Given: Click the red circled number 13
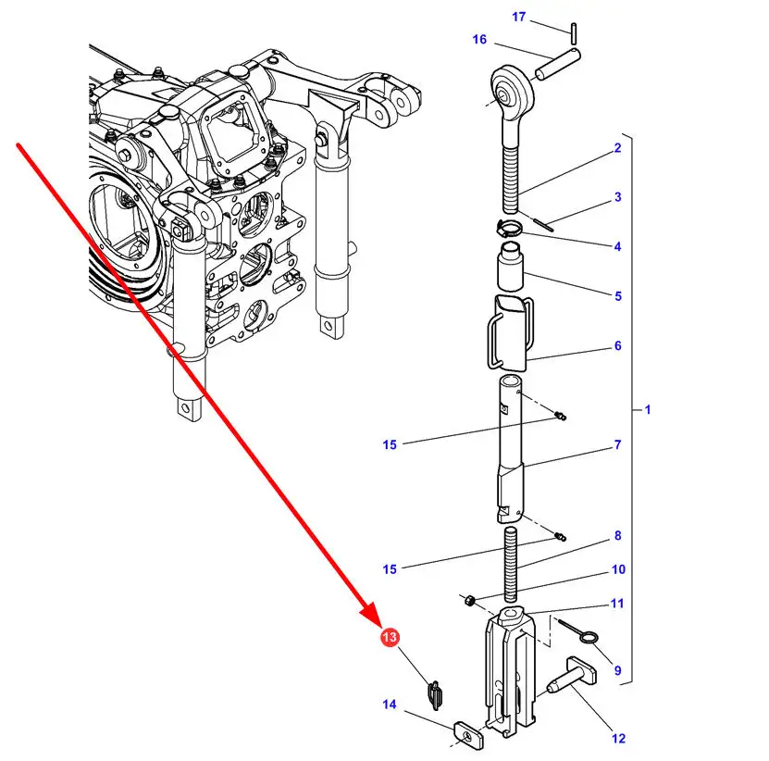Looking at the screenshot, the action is pos(390,637).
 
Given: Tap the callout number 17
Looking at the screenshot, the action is pos(518,17).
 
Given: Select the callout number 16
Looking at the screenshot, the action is pos(479,39).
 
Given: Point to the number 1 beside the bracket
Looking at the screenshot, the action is pos(648,409).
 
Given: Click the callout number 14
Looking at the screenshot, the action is pos(390,705).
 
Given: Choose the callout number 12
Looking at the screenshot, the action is pos(618,738).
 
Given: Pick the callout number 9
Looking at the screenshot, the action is pos(617,670).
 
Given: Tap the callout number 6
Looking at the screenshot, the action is pos(618,345).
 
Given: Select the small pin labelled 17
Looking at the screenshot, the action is pos(574,33).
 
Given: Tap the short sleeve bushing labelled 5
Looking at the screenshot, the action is pos(510,267).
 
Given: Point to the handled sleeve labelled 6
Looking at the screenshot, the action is pos(510,333).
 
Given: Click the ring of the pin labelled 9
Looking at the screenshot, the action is pos(588,637).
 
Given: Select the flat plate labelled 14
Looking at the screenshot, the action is pos(467,734).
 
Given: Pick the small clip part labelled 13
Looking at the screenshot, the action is pos(435,694).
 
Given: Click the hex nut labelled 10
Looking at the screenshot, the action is pos(469,600).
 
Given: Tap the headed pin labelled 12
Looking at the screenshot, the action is pos(571,677).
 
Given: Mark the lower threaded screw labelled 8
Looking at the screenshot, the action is pos(511,564).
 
